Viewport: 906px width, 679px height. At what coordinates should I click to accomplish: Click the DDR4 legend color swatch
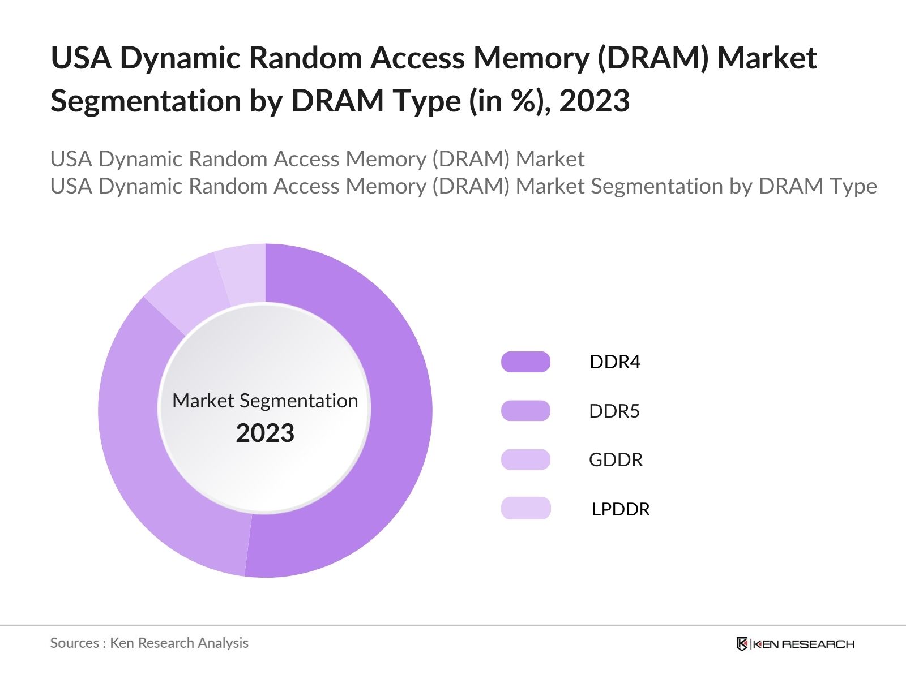pos(525,362)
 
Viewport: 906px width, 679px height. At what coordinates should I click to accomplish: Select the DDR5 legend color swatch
pos(525,411)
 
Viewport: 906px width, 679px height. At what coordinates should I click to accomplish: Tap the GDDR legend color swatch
pos(525,459)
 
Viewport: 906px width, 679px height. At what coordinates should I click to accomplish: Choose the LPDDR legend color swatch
pos(525,508)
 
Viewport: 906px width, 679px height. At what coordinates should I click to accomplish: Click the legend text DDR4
pos(614,362)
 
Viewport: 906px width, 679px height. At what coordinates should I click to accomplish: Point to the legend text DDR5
pos(614,411)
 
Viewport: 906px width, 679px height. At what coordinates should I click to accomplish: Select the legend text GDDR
pos(616,459)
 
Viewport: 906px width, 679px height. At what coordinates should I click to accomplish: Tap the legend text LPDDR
pos(621,509)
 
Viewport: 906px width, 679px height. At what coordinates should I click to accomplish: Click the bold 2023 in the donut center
pos(265,433)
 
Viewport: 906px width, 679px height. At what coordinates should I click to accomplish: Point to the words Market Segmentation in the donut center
pos(265,401)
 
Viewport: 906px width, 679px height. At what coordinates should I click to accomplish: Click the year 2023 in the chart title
pos(594,101)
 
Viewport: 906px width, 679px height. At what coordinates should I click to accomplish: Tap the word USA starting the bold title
pos(81,58)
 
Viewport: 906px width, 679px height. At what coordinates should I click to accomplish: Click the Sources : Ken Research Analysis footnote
pos(149,643)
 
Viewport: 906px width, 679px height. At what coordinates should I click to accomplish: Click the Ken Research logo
pos(795,644)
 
